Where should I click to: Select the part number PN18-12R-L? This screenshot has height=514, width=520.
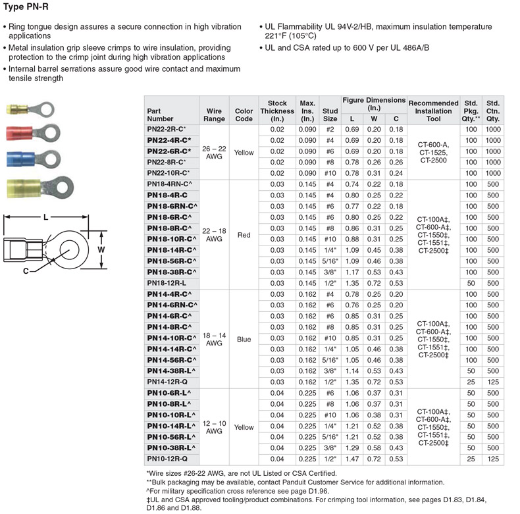pos(167,282)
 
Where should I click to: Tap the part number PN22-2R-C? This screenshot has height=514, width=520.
pos(167,130)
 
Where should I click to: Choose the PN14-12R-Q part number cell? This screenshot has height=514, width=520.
pos(167,381)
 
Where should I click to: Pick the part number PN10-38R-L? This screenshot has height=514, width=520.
pos(169,447)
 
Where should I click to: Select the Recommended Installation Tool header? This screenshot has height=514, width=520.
pos(433,110)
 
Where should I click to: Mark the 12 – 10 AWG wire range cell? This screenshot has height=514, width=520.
pos(214,426)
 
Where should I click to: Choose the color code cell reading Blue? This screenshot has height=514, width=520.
pos(244,339)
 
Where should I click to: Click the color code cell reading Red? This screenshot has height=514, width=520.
pos(244,234)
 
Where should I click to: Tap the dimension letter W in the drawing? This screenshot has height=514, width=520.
pos(101,250)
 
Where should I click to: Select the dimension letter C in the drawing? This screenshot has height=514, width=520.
pos(25,270)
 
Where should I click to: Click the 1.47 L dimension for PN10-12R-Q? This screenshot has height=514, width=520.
pos(351,458)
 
